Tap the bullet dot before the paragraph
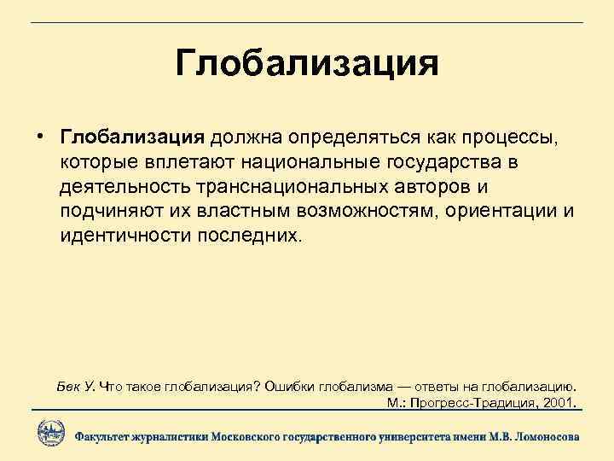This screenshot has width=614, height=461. tap(40, 137)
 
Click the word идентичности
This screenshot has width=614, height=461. tap(122, 235)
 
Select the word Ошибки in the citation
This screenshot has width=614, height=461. tap(290, 385)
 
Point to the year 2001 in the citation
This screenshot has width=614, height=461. tap(558, 401)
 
